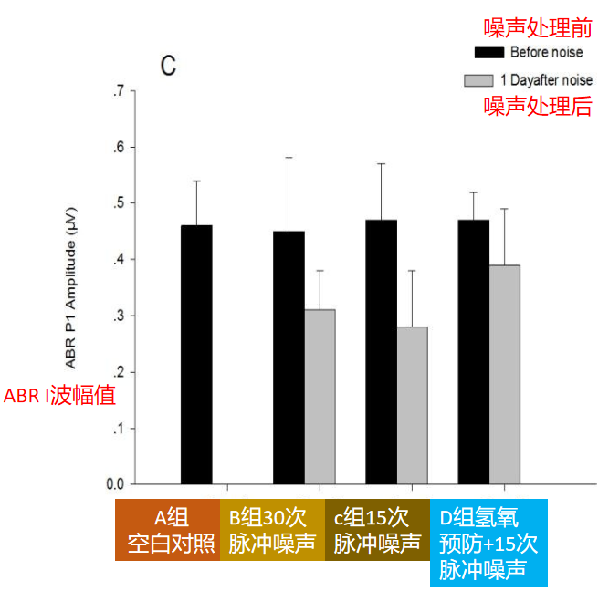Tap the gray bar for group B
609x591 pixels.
(320, 397)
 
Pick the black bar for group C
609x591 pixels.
(382, 351)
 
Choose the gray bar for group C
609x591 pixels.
(412, 405)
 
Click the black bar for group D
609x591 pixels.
(474, 351)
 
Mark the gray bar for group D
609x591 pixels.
(504, 374)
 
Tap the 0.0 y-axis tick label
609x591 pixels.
(115, 484)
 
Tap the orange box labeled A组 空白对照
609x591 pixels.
(167, 530)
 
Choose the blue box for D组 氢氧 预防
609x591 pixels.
(488, 543)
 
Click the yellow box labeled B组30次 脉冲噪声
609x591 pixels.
(271, 530)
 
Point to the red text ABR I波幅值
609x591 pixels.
(59, 397)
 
